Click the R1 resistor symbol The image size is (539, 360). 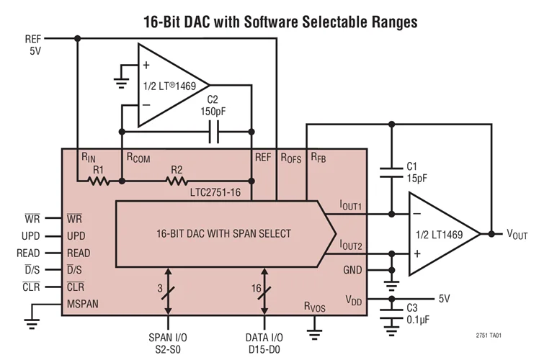coord(99,181)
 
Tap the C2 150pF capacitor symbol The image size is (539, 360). coord(213,132)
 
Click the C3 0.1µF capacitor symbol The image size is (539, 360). coord(392,305)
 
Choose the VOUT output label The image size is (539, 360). coord(517,234)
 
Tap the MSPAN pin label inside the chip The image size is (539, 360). coord(83,303)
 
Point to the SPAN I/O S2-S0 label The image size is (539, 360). coord(169,341)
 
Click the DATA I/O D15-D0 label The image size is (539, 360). coord(267,341)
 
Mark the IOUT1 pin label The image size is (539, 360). coord(351,206)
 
